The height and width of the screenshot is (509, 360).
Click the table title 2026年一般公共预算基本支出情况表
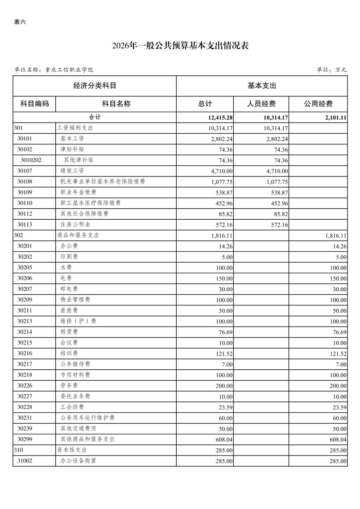pos(180,46)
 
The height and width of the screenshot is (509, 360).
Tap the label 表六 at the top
pos(20,22)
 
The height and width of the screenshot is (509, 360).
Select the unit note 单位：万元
pos(331,70)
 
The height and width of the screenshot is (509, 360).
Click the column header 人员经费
pos(261,104)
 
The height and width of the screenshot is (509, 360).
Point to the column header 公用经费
pos(318,104)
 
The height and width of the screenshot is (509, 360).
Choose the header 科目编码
pos(35,104)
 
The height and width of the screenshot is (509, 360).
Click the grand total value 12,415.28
pos(220,118)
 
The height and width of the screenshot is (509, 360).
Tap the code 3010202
pos(31,160)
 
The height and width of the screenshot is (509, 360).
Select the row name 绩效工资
pos(72,171)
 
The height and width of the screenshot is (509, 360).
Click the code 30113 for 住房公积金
pos(25,224)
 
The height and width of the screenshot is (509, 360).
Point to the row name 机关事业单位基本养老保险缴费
pos(103,181)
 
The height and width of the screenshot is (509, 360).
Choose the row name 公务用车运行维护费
pos(87,418)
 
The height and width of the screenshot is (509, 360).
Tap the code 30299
pos(25,439)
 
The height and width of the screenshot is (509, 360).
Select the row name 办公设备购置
pos(78,460)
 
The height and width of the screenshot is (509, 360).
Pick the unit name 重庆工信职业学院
pos(69,70)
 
